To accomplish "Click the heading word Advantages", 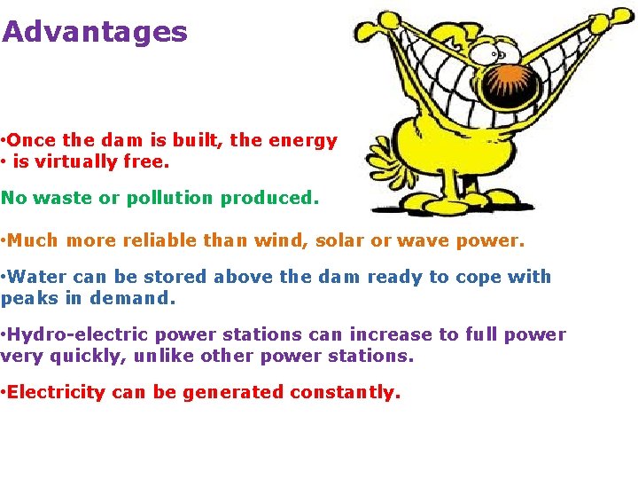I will click(x=95, y=33).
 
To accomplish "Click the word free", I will click(x=150, y=161).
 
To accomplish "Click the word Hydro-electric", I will click(x=79, y=335).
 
